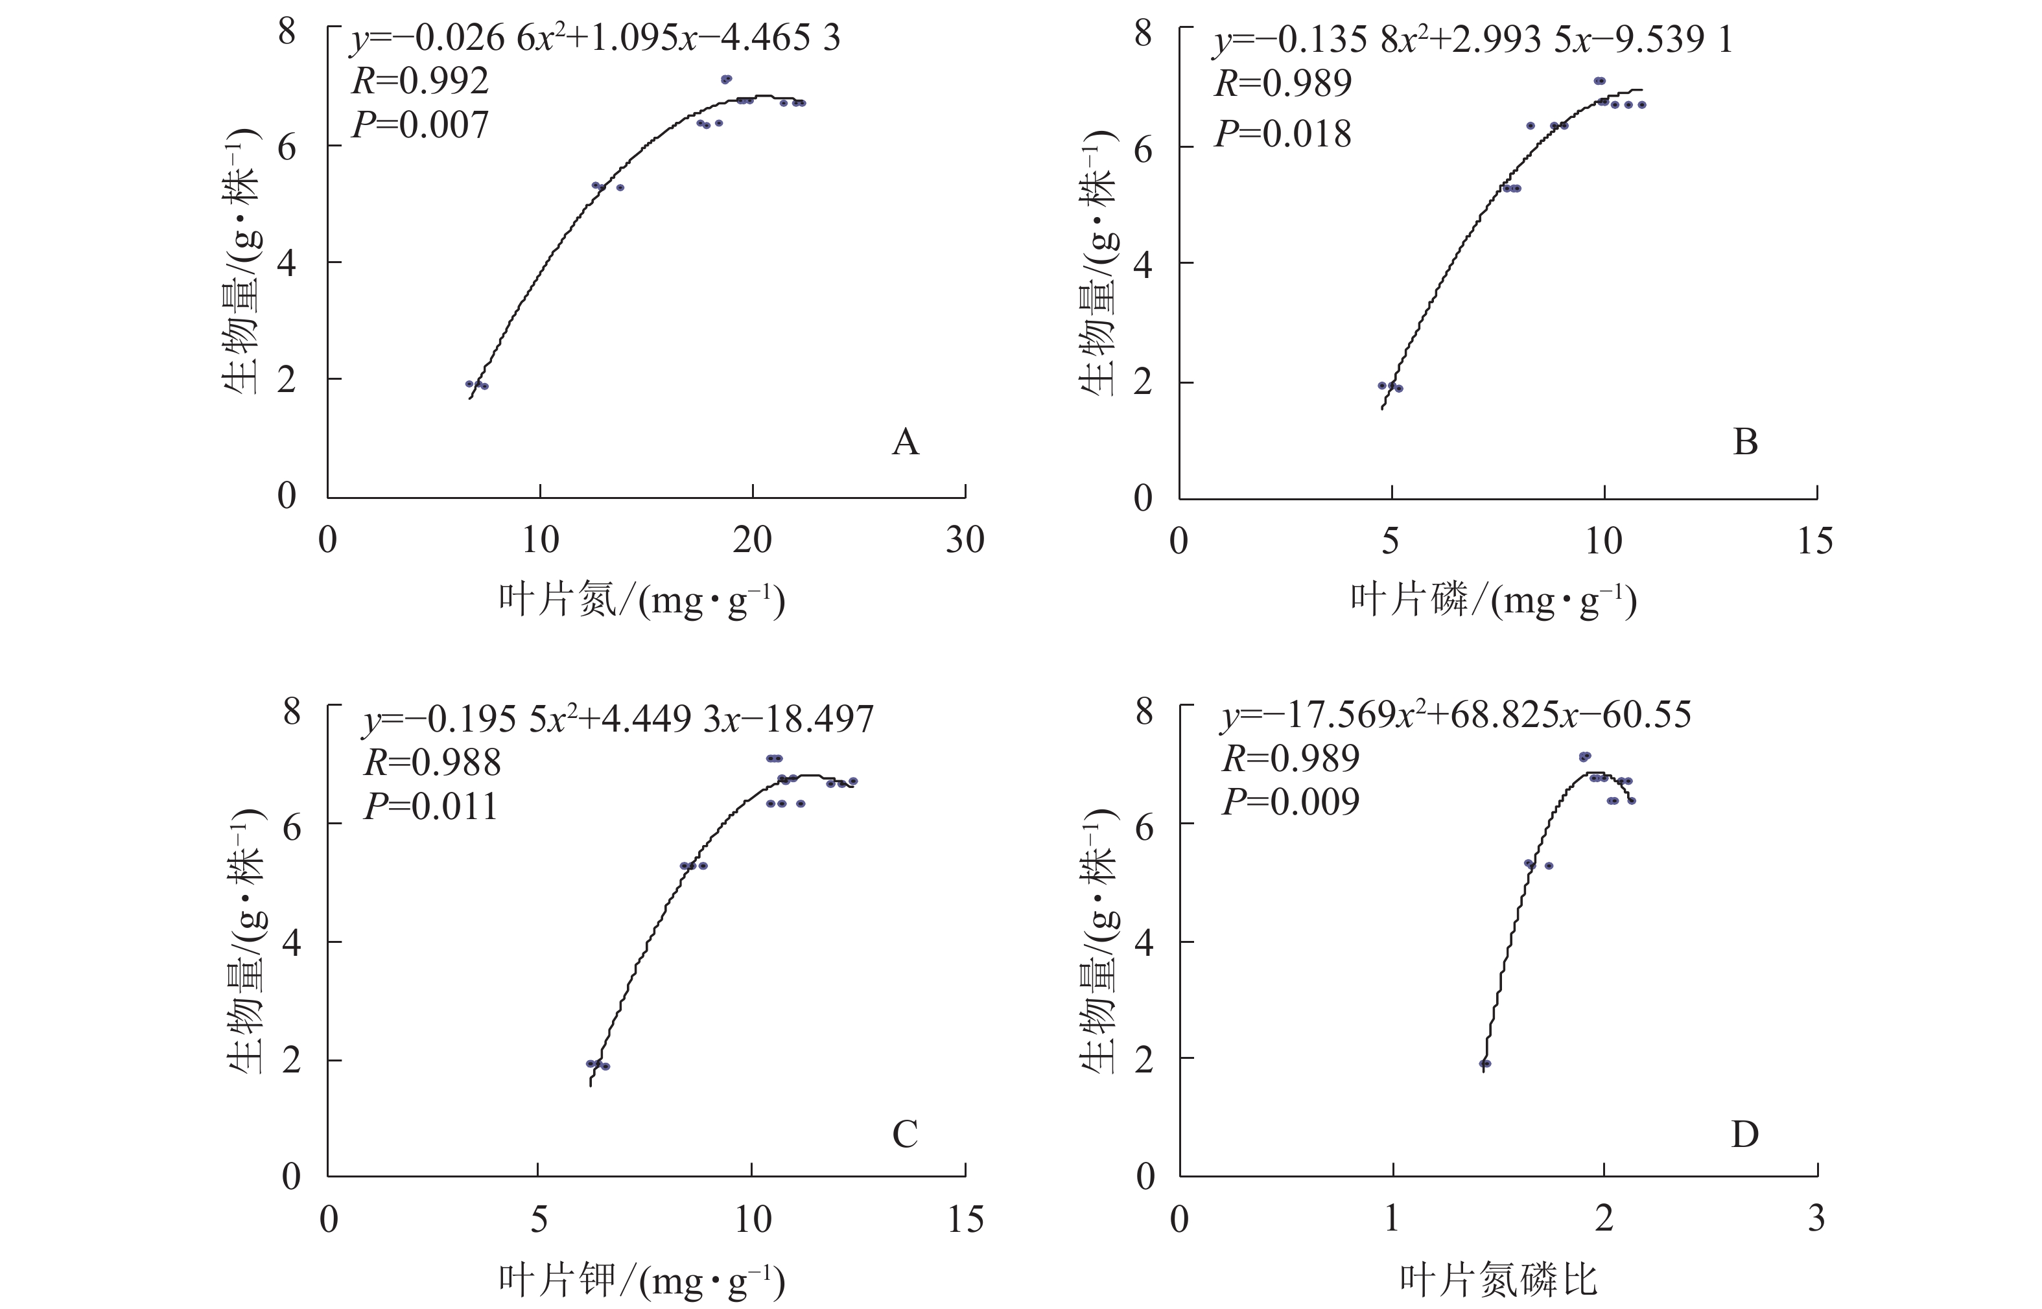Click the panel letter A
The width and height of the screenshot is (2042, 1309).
(x=906, y=442)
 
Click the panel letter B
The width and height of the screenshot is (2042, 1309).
(x=1744, y=442)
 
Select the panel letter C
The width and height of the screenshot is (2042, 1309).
(x=904, y=1134)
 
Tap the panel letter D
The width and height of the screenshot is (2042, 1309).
(x=1744, y=1134)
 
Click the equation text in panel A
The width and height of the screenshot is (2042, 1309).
(x=595, y=39)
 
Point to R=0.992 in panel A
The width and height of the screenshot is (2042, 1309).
(x=420, y=82)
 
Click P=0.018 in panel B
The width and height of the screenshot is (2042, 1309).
(x=1283, y=134)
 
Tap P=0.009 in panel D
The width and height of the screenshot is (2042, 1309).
(x=1291, y=802)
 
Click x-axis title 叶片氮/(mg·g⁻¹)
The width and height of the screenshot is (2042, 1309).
(x=642, y=601)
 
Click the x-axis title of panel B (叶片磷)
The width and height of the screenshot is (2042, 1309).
(x=1494, y=601)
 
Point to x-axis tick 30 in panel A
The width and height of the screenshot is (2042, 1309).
(x=965, y=540)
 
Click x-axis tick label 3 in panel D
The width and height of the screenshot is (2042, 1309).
(x=1816, y=1220)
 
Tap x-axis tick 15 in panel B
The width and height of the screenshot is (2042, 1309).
(x=1815, y=540)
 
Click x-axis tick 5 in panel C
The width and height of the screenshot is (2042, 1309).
(x=539, y=1220)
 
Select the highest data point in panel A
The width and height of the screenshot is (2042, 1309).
(x=726, y=79)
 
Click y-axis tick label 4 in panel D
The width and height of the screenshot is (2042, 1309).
(x=1144, y=942)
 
